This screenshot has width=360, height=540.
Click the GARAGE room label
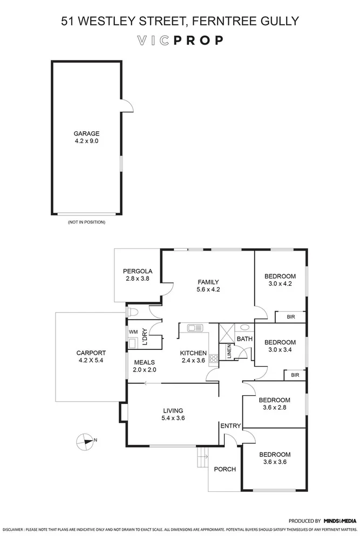(x=86, y=134)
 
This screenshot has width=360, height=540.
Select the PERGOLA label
(x=138, y=271)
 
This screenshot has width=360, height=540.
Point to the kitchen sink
(x=194, y=327)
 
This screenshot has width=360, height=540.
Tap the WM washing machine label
(x=133, y=332)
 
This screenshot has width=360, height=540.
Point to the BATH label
(x=244, y=339)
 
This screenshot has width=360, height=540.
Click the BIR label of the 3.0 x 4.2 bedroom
(x=290, y=318)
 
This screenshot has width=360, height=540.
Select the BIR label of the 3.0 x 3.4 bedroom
(x=295, y=375)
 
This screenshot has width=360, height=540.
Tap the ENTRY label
(x=230, y=426)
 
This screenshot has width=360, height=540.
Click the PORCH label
(x=225, y=469)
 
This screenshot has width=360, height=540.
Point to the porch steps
(x=203, y=460)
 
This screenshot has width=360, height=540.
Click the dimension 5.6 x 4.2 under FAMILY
(x=208, y=289)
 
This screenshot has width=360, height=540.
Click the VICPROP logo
(x=180, y=40)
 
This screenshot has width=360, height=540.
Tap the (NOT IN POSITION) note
(x=86, y=222)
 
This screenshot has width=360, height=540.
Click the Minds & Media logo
(x=340, y=521)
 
